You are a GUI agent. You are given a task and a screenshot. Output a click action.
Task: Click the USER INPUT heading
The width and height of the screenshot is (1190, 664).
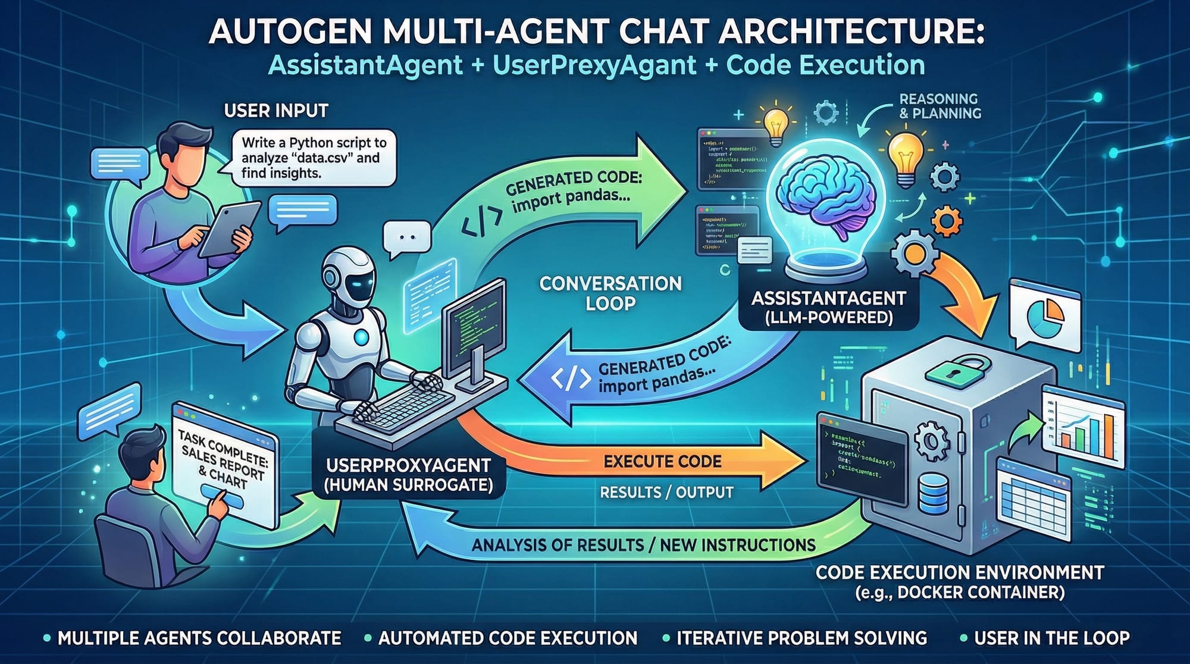[276, 111]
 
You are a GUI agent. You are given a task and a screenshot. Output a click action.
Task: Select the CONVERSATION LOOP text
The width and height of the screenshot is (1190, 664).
[610, 293]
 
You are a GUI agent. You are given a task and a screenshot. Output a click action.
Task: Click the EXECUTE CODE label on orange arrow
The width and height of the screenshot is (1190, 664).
[662, 461]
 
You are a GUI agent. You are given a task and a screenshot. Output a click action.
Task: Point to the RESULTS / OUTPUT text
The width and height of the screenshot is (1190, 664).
[666, 493]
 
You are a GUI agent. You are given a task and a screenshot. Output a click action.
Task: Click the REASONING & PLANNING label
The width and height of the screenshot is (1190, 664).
[940, 106]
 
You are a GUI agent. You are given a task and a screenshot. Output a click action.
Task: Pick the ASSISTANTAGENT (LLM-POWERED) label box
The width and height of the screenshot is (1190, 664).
[828, 307]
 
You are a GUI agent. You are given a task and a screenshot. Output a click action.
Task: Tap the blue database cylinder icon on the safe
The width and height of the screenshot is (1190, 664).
[934, 494]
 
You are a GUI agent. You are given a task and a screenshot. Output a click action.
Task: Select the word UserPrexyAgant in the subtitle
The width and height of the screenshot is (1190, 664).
[594, 64]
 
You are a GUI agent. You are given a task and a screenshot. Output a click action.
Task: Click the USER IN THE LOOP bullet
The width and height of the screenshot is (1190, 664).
[1051, 638]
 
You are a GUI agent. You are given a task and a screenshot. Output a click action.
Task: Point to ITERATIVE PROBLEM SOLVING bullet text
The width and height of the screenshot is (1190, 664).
[801, 638]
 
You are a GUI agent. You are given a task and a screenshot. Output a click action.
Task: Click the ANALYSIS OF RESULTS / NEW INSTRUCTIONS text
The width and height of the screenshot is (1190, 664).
[643, 545]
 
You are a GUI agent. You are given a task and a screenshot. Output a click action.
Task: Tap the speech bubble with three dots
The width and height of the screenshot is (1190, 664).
[407, 237]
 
